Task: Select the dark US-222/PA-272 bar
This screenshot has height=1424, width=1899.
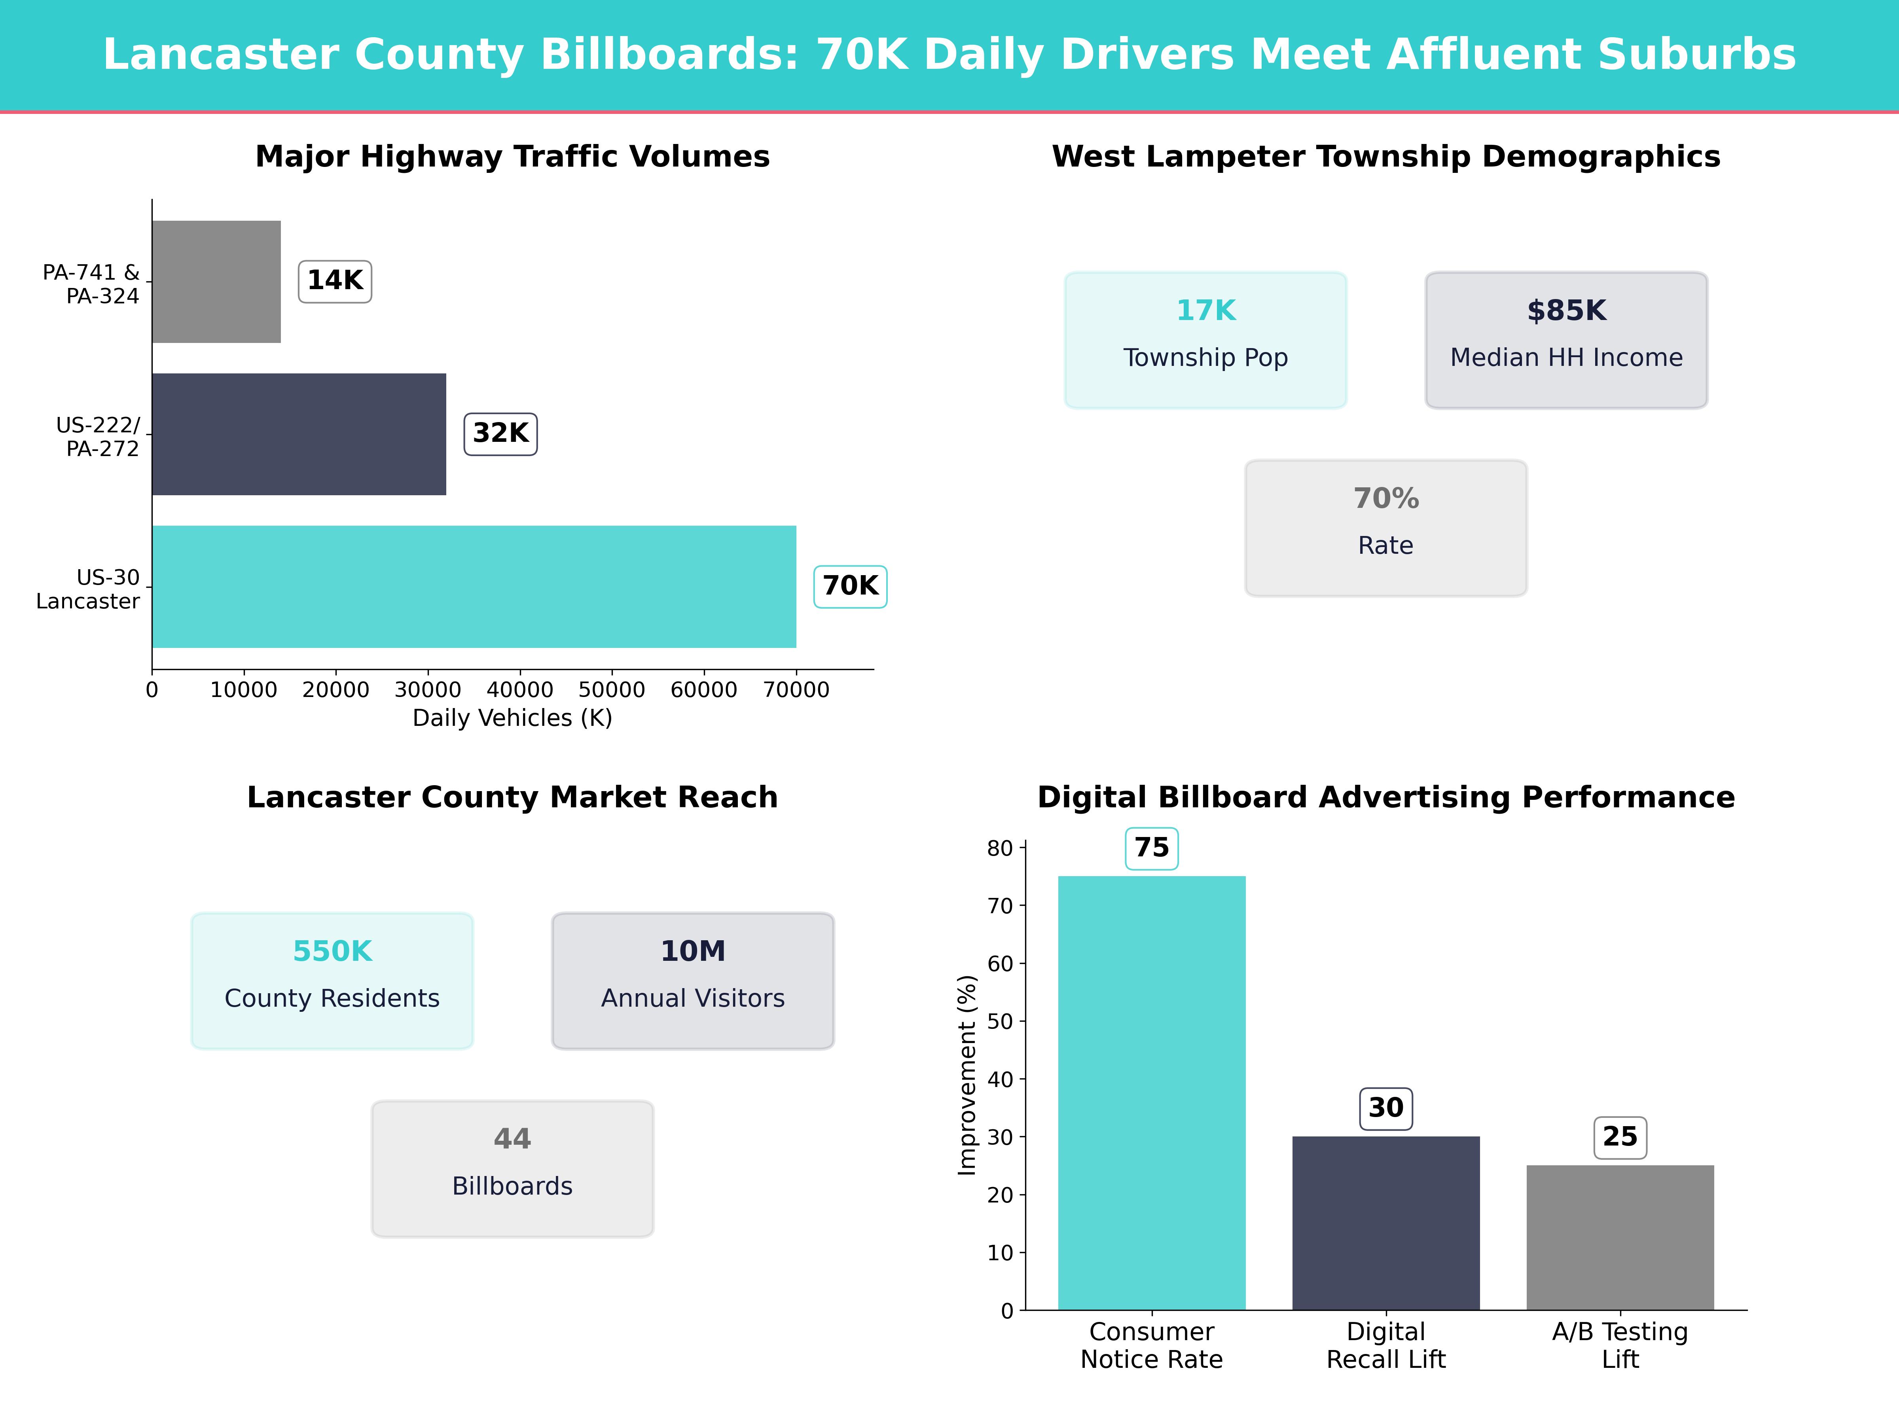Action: [x=299, y=434]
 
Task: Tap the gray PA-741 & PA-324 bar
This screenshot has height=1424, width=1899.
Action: [x=216, y=282]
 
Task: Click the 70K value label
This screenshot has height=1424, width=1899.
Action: [x=850, y=586]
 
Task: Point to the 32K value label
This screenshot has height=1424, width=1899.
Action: [x=500, y=434]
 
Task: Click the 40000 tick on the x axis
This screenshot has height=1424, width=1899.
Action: [x=519, y=690]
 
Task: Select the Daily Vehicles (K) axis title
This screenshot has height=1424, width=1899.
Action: [x=512, y=718]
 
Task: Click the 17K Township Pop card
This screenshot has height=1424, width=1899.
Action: [x=1205, y=340]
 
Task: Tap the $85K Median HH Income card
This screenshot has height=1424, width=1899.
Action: [x=1566, y=340]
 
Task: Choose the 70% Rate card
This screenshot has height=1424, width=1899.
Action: [x=1385, y=528]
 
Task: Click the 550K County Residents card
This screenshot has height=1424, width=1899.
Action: [x=332, y=980]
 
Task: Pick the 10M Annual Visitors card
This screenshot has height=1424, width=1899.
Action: [x=693, y=980]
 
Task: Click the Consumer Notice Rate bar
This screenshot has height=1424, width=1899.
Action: [x=1151, y=1093]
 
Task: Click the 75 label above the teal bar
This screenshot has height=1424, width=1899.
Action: [x=1151, y=848]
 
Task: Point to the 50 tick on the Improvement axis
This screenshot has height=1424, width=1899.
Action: [x=1000, y=1021]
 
